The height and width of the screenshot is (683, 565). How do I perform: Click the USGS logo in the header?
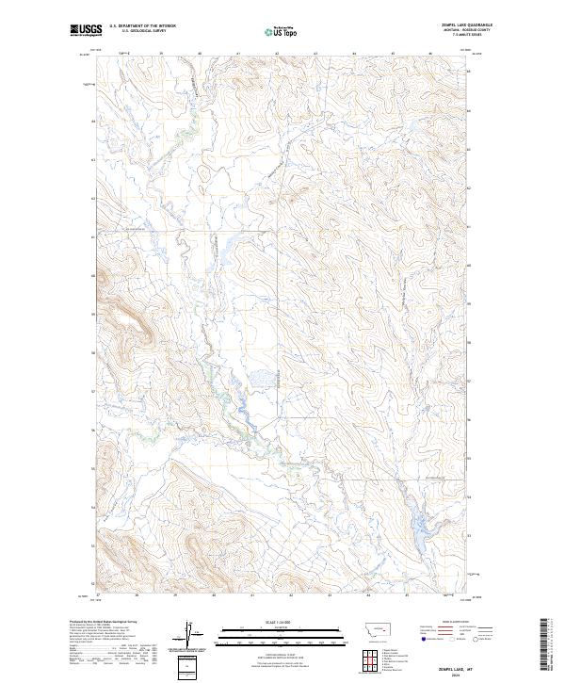point(86,30)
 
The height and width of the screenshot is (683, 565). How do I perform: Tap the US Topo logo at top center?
point(282,32)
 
